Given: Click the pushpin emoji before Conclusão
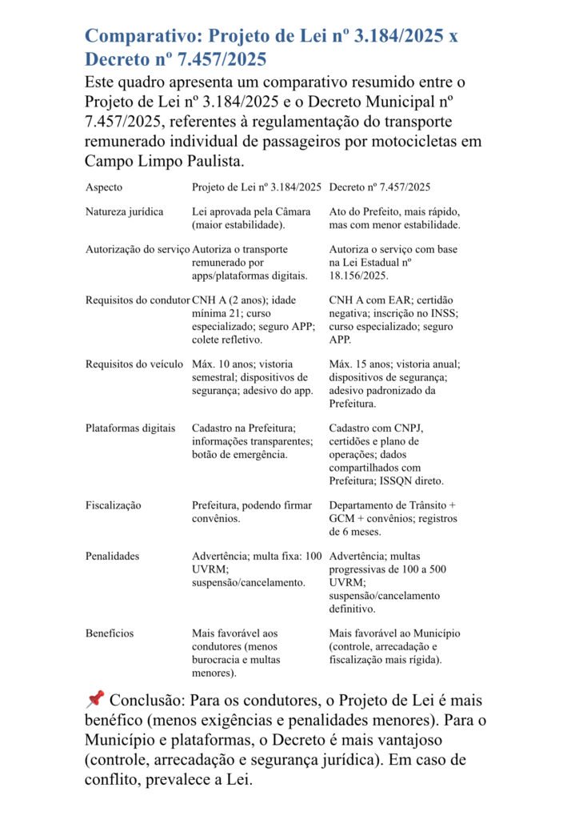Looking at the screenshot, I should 94,700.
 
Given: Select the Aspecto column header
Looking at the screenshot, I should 104,187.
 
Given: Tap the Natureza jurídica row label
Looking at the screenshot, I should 124,212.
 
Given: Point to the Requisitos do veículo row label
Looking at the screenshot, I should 134,364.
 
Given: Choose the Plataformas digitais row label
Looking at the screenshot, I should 130,428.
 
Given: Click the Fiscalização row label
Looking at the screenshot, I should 113,505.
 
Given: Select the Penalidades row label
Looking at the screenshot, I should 112,555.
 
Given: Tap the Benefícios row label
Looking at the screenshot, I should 110,633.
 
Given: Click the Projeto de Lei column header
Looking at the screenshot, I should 257,187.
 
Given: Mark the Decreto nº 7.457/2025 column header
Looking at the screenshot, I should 380,187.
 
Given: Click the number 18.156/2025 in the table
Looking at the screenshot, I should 358,275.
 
